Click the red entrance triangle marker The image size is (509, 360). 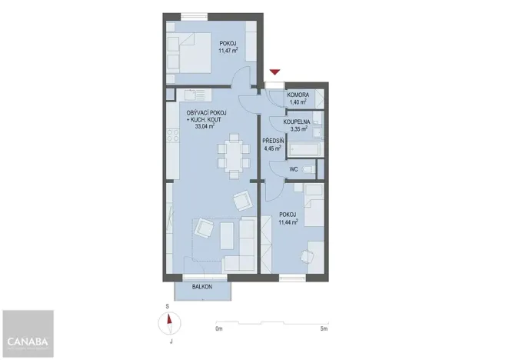(x=274, y=72)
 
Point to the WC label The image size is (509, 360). (x=293, y=169)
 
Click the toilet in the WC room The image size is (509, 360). (x=308, y=169)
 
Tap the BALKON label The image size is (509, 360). (x=202, y=286)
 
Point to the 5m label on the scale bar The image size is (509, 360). (x=324, y=329)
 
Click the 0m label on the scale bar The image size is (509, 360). (x=218, y=329)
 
